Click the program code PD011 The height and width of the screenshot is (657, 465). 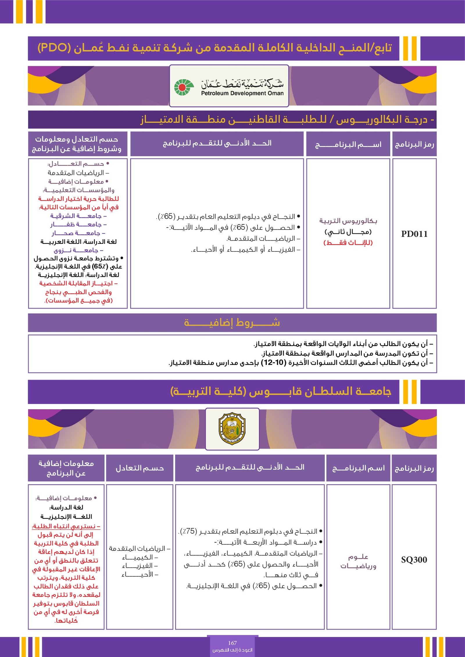(414, 234)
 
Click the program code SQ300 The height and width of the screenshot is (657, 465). (414, 559)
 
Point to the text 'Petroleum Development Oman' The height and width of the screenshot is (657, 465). (242, 93)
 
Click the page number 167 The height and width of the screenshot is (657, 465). (232, 643)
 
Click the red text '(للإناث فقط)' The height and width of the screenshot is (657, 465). (348, 243)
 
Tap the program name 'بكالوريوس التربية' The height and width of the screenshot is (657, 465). (348, 221)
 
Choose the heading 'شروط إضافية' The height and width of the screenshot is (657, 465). (232, 323)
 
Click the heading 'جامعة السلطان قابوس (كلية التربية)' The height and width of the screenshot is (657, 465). (280, 391)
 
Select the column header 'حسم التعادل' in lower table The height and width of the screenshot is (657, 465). (139, 468)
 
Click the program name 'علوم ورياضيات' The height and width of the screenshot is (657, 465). (358, 561)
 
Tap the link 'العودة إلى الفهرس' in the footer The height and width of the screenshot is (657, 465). (232, 650)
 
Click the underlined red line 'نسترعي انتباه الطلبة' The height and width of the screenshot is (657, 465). (66, 526)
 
